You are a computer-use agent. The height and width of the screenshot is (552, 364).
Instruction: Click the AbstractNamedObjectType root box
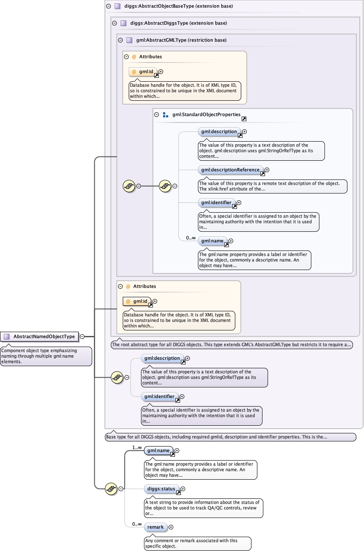click(x=40, y=336)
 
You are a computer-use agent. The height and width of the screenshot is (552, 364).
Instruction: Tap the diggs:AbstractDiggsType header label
click(x=178, y=23)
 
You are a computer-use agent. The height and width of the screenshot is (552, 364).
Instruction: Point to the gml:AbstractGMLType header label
click(x=181, y=40)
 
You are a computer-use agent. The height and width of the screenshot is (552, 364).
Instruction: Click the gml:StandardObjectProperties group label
click(x=206, y=114)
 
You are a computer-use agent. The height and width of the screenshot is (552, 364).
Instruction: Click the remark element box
click(x=155, y=527)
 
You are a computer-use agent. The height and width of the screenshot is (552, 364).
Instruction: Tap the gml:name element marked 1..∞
click(x=157, y=450)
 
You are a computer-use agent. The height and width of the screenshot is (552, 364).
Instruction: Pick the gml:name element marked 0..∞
click(x=211, y=241)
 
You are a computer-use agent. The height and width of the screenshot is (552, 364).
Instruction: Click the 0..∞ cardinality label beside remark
click(x=136, y=524)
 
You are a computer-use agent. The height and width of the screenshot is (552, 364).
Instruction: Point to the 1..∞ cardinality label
click(x=136, y=447)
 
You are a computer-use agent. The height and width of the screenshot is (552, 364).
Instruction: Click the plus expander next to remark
click(x=171, y=527)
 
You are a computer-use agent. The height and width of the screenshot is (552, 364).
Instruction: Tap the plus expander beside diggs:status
click(x=183, y=489)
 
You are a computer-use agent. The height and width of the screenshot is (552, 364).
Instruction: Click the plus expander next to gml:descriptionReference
click(x=267, y=170)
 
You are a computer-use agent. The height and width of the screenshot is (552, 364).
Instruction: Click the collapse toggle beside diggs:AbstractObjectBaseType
click(x=108, y=6)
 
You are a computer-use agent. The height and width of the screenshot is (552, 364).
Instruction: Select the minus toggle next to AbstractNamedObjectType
click(x=82, y=336)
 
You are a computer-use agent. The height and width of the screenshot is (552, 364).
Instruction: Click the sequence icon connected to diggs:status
click(x=111, y=489)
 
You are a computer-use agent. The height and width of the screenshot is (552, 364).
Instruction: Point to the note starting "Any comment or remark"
click(x=197, y=543)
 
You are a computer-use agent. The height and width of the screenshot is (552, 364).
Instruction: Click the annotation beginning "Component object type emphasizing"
click(x=46, y=356)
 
